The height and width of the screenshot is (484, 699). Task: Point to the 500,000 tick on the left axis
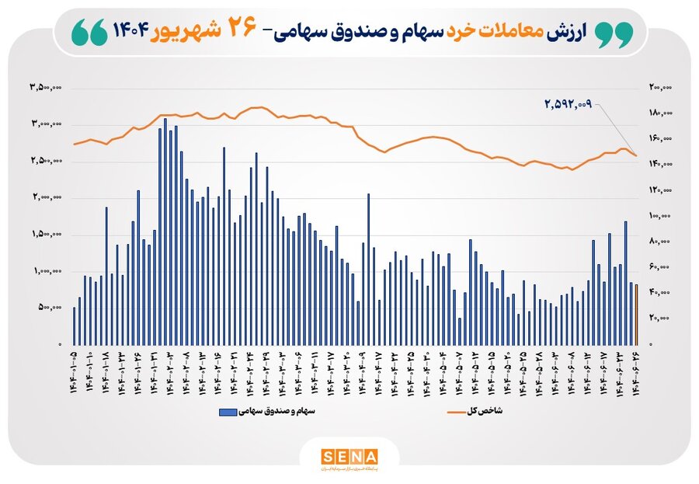[50, 308]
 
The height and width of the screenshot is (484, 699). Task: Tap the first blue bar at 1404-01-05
[75, 326]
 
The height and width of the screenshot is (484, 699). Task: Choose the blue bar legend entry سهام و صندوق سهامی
[259, 410]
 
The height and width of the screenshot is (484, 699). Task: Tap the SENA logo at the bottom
[349, 457]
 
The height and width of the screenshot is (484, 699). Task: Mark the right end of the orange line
[636, 156]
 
